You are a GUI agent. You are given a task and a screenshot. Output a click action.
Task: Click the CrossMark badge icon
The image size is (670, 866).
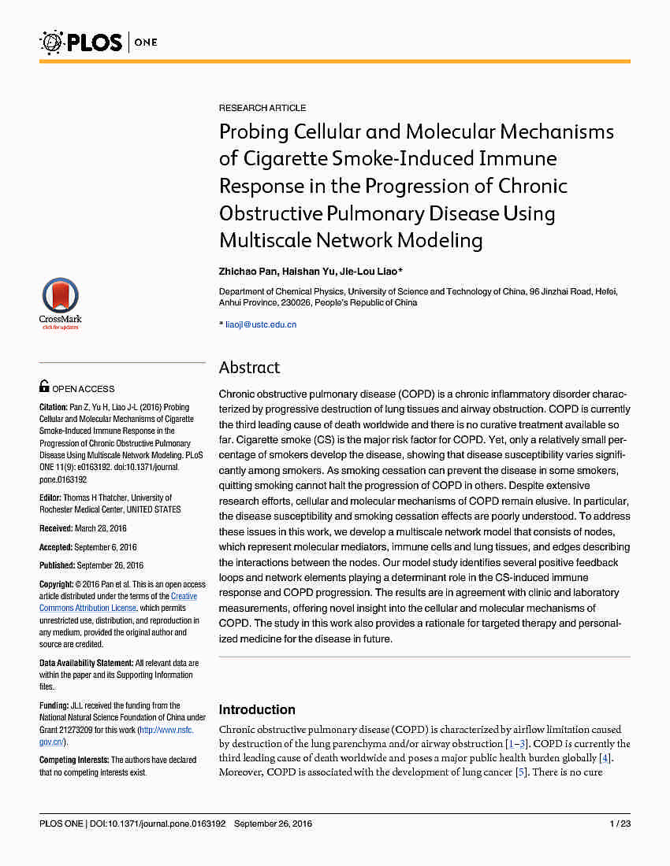[x=61, y=299]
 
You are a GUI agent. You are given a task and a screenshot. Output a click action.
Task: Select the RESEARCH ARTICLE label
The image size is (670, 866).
[x=262, y=108]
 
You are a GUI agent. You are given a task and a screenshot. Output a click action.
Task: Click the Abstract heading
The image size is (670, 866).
[x=249, y=368]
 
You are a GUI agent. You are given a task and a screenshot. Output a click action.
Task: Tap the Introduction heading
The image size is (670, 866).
[x=257, y=709]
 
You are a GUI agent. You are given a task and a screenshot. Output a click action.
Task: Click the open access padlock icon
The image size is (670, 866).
[x=45, y=387]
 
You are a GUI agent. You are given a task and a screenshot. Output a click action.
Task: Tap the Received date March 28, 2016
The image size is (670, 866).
[x=100, y=528]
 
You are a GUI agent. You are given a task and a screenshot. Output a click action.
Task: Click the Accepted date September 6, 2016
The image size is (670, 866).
[x=106, y=547]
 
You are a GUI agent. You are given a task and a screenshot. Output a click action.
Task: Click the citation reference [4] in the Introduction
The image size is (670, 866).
[x=605, y=758]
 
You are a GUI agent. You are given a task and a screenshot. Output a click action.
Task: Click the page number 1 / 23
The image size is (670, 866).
[x=620, y=823]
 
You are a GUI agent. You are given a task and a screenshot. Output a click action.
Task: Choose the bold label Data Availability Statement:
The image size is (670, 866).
[x=86, y=664]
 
